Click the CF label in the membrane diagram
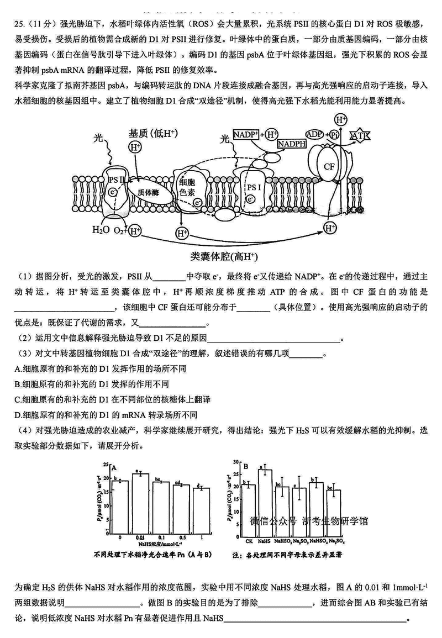click(x=329, y=166)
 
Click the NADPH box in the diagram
click(x=291, y=144)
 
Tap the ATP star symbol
click(x=360, y=135)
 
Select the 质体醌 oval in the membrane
click(x=149, y=191)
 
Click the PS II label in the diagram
click(x=117, y=180)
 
